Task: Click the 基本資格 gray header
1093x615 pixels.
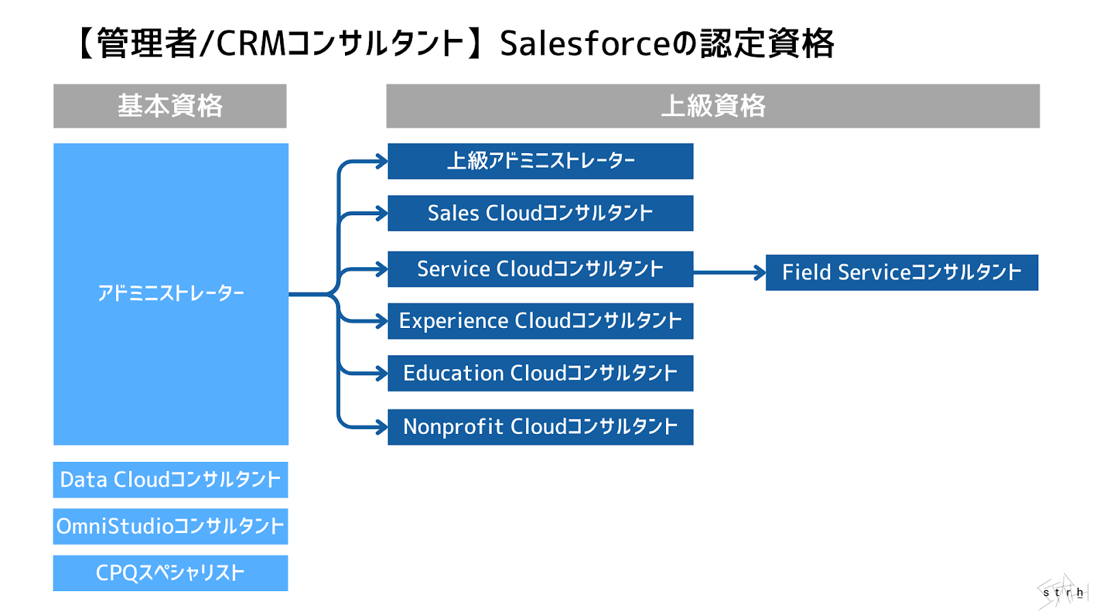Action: point(170,106)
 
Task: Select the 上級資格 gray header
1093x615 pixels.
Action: point(712,106)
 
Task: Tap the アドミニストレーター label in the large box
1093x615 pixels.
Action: point(171,293)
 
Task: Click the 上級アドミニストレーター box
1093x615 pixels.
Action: point(540,161)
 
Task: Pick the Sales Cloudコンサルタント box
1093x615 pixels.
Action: point(540,213)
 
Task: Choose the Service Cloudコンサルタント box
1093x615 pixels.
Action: point(540,269)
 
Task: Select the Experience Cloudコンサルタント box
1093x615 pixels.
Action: point(540,321)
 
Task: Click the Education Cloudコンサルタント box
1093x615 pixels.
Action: point(540,373)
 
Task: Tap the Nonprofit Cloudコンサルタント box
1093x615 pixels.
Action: point(540,427)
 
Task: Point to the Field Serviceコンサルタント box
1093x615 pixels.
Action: point(902,273)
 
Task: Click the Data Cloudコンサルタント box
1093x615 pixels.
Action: point(171,480)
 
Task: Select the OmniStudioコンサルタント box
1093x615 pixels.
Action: point(171,526)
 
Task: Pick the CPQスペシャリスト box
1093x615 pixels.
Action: point(171,573)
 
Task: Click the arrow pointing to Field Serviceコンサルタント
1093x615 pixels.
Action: point(730,273)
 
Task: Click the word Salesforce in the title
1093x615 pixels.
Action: point(585,44)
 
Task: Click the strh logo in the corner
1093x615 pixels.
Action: point(1063,592)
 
